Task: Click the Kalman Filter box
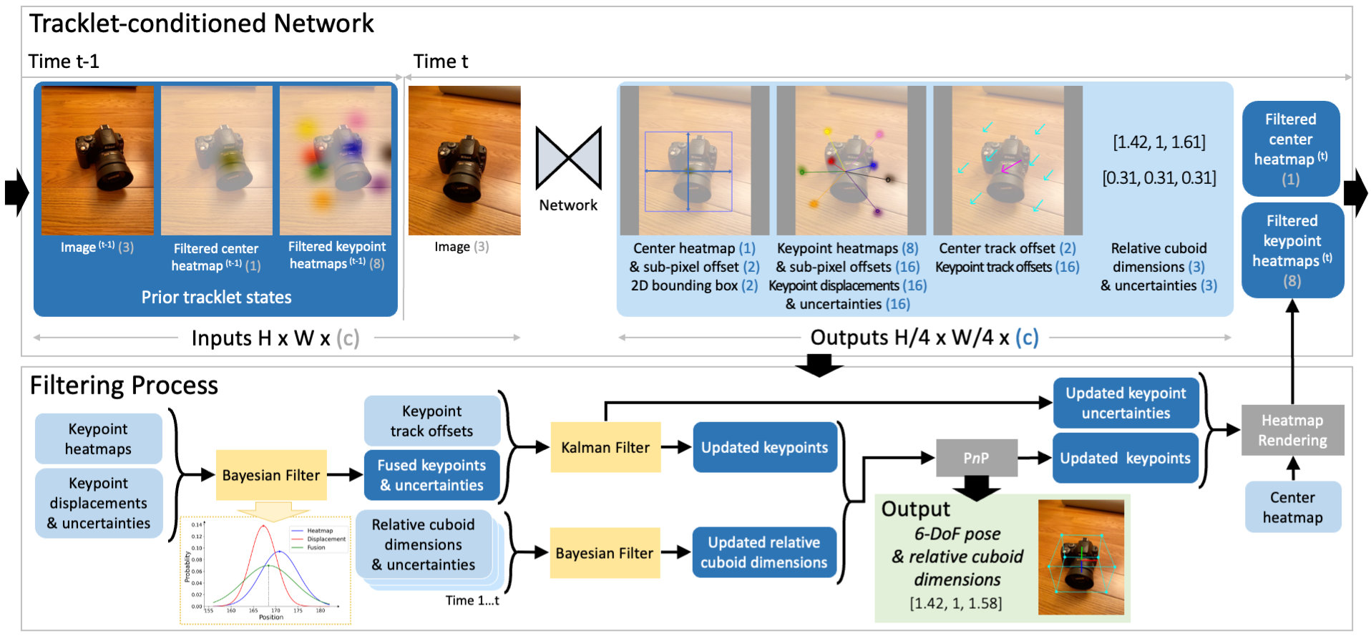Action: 605,448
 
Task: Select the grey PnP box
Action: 976,458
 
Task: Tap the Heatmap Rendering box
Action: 1292,431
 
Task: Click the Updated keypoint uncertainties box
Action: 1126,403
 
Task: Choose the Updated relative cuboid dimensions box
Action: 763,552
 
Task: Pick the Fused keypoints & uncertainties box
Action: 431,475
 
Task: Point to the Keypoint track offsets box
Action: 431,421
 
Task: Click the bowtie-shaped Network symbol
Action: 568,157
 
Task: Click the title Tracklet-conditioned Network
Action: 202,24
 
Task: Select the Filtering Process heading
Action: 124,386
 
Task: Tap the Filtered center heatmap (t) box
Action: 1290,149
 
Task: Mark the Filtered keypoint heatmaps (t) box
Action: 1292,250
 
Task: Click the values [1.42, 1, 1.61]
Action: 1158,142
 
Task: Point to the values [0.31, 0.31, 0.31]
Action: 1158,177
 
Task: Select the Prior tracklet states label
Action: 216,298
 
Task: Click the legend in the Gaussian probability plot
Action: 318,539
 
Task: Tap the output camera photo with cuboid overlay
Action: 1080,557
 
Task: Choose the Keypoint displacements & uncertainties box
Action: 99,503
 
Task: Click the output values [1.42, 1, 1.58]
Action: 955,603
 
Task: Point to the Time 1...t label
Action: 472,600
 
